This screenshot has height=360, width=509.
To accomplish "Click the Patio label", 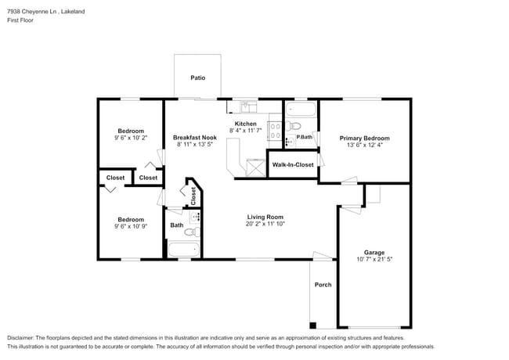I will (x=198, y=77).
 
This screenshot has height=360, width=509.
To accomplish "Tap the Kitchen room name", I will (x=246, y=124).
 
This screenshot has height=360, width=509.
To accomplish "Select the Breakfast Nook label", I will (x=193, y=138).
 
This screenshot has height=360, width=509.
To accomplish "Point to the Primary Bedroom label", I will (x=364, y=138).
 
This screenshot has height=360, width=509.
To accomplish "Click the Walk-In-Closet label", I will (x=292, y=165).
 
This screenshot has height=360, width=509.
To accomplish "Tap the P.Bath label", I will (x=305, y=138).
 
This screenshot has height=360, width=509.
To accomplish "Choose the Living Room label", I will (x=265, y=217).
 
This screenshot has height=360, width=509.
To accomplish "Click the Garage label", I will (x=374, y=252).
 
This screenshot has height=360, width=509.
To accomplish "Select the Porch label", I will (x=323, y=285).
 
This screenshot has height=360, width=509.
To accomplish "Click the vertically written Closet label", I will (x=193, y=196).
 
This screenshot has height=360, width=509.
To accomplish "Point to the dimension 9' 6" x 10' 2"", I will (x=131, y=138).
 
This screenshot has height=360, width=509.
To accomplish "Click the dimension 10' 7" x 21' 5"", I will (x=374, y=259).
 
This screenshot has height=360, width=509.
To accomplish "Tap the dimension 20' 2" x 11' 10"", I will (x=265, y=224).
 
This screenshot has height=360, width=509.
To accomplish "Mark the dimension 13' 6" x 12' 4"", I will (x=364, y=145).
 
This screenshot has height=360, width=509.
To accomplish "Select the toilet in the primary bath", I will (x=294, y=125).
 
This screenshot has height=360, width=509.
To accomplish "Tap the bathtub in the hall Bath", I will (x=185, y=250).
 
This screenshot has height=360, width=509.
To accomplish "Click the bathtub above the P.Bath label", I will (x=300, y=109).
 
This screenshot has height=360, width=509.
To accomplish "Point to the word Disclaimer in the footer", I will (x=23, y=338).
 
